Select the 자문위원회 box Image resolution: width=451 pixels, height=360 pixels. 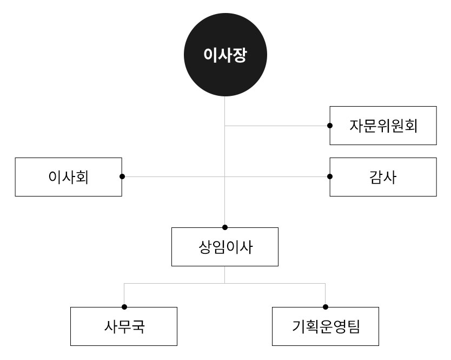click(x=383, y=126)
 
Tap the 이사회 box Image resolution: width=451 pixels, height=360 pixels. click(x=69, y=176)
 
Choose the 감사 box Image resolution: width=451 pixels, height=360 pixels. click(x=383, y=176)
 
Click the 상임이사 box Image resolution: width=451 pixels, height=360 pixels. click(x=225, y=247)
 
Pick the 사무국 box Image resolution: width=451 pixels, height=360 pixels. click(x=124, y=326)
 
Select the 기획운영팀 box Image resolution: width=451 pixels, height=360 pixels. click(x=326, y=326)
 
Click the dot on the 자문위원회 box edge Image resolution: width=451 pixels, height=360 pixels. click(x=330, y=126)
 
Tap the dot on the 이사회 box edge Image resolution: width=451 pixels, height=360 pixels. click(x=122, y=176)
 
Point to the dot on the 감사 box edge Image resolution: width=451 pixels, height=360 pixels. click(x=330, y=176)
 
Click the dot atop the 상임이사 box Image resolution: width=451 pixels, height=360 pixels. click(x=225, y=227)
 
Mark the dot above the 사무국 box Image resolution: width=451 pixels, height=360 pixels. click(x=124, y=307)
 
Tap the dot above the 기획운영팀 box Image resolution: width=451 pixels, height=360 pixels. click(x=326, y=307)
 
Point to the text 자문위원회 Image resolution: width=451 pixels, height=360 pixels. click(x=383, y=126)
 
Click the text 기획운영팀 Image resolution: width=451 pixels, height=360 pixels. click(x=326, y=327)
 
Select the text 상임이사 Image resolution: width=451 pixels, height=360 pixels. click(x=225, y=247)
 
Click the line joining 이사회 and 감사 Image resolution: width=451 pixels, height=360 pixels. click(x=173, y=176)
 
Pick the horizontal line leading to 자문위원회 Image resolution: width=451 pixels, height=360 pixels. click(x=276, y=126)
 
